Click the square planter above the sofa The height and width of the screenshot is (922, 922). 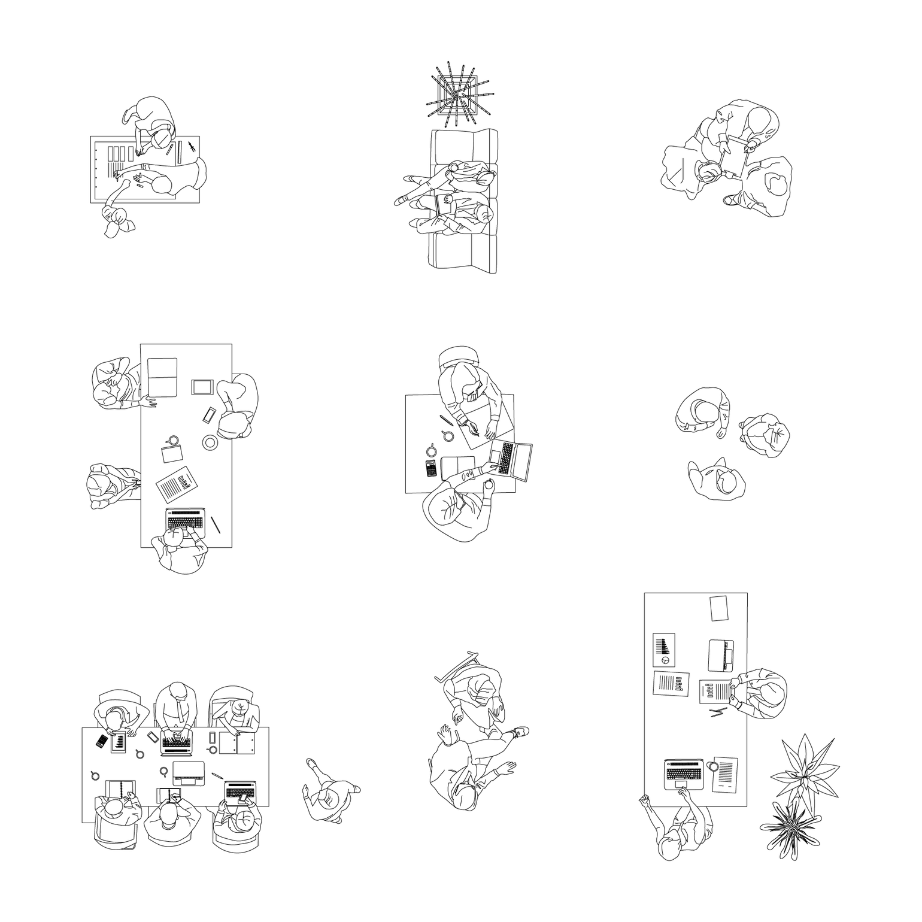(x=455, y=93)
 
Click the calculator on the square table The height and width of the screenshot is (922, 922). (x=431, y=468)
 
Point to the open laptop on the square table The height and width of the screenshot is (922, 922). (x=512, y=460)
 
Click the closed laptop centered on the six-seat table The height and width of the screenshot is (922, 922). (x=189, y=773)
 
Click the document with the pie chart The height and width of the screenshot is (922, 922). (x=663, y=650)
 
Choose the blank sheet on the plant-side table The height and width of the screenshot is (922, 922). (x=718, y=608)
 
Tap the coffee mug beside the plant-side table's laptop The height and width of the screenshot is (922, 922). (x=712, y=766)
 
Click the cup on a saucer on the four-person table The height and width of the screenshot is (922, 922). (x=210, y=442)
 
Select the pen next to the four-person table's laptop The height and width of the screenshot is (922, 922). (x=215, y=524)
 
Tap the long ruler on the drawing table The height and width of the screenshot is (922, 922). (x=179, y=153)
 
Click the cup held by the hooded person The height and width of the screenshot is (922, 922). (x=490, y=483)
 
